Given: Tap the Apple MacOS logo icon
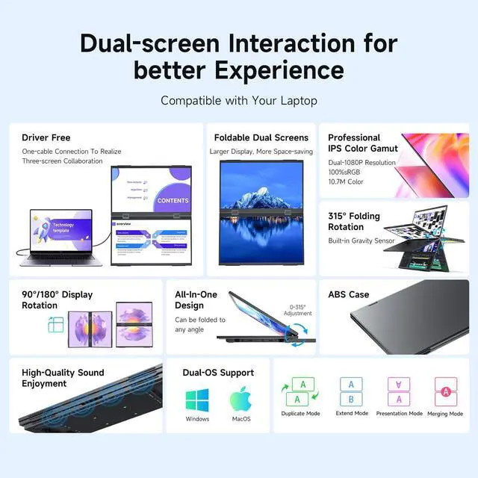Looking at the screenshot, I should click(240, 399).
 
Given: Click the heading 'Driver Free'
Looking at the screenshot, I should click(46, 137).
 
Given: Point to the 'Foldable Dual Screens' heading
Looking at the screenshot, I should click(261, 137).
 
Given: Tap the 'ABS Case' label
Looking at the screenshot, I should click(349, 294).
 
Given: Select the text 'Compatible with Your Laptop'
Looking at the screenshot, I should click(239, 100).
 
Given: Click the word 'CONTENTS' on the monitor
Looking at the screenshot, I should click(173, 200).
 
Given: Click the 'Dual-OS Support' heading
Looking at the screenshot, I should click(218, 373).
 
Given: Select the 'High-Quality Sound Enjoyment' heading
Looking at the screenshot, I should click(63, 378).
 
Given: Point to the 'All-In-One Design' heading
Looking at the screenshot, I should click(196, 299).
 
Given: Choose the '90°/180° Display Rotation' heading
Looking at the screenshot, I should click(58, 299).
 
